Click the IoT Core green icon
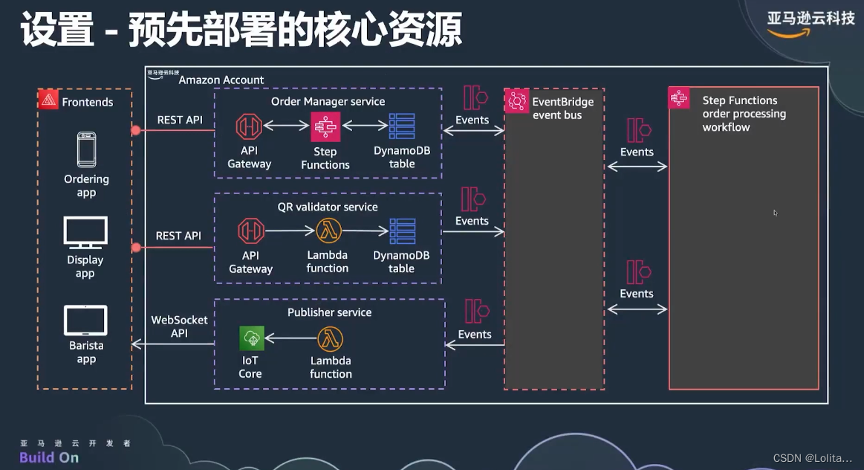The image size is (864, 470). (x=252, y=338)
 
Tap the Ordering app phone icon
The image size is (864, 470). (x=86, y=149)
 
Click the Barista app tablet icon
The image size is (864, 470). (x=86, y=321)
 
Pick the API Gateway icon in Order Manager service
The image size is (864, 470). (x=249, y=126)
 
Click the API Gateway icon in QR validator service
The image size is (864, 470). (x=250, y=231)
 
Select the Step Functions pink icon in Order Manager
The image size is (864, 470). (x=325, y=127)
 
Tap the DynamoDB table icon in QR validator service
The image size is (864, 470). (x=402, y=231)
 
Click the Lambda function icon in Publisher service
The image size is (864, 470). (x=331, y=338)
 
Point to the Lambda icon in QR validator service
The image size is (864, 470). (x=328, y=231)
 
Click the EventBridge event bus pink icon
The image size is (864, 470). (x=516, y=100)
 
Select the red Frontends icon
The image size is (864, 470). (x=48, y=100)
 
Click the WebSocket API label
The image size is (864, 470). (x=179, y=326)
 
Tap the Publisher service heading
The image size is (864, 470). (x=329, y=312)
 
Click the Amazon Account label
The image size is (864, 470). (x=221, y=80)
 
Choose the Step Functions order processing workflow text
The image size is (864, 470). (x=743, y=114)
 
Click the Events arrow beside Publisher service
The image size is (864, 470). (x=475, y=344)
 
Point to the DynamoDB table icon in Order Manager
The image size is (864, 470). (x=402, y=126)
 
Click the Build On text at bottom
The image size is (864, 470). (x=49, y=457)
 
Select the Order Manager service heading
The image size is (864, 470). (x=328, y=101)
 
